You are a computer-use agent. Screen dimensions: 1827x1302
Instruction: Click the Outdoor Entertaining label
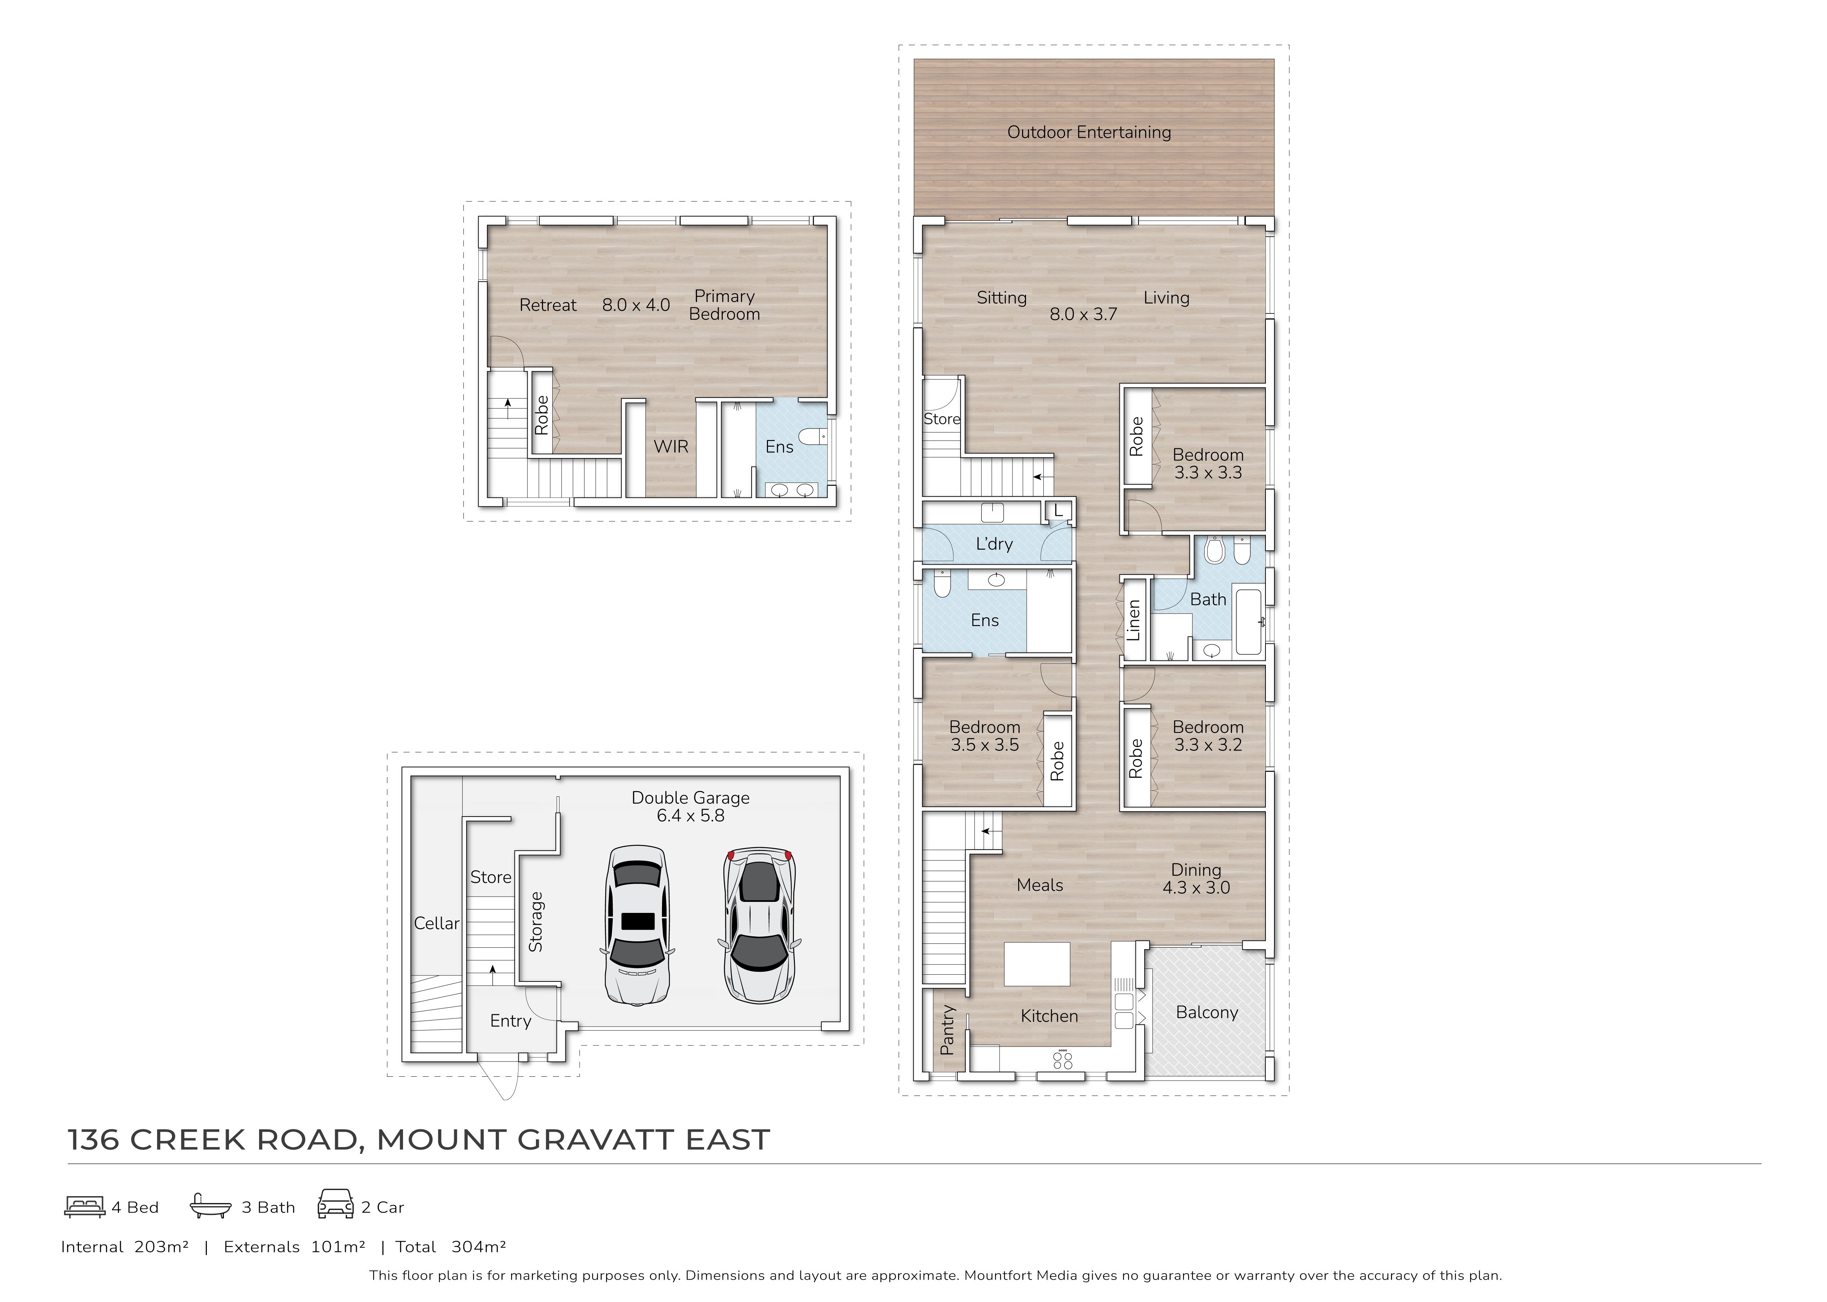[x=1089, y=132]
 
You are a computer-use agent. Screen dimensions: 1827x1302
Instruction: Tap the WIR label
[x=671, y=447]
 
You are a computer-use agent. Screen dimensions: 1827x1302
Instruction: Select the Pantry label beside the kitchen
[x=947, y=1030]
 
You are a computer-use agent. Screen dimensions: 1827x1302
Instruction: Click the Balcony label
[x=1207, y=1013]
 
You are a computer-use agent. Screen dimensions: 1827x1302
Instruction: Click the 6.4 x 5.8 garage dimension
[x=690, y=816]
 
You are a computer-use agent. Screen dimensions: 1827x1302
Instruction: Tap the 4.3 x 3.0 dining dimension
[x=1196, y=888]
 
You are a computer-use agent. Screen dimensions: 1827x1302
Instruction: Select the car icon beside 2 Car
[x=335, y=1204]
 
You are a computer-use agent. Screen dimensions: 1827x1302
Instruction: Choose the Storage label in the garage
[x=536, y=922]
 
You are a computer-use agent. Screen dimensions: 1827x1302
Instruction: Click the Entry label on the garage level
[x=511, y=1021]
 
